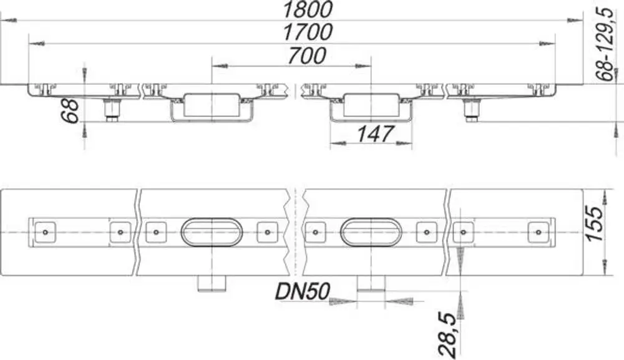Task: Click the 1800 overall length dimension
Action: [307, 9]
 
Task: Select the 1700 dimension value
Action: [307, 32]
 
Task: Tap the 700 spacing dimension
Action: [307, 56]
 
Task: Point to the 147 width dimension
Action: [375, 134]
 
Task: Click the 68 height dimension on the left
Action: [72, 111]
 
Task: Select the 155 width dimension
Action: [596, 223]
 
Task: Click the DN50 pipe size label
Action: [303, 291]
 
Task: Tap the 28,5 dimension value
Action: [447, 334]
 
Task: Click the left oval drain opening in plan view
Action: [212, 218]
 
